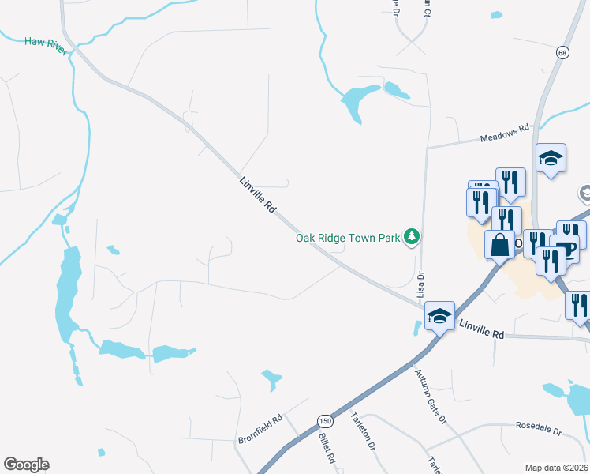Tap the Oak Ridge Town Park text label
pyautogui.click(x=348, y=237)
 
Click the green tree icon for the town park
pyautogui.click(x=411, y=236)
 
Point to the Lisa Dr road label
pyautogui.click(x=420, y=285)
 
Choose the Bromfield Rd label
pyautogui.click(x=260, y=429)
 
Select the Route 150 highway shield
pyautogui.click(x=324, y=419)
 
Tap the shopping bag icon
pyautogui.click(x=499, y=244)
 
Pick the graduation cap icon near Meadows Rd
pyautogui.click(x=551, y=158)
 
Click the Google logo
pyautogui.click(x=26, y=465)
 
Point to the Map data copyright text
pyautogui.click(x=557, y=468)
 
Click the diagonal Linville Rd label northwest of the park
pyautogui.click(x=259, y=195)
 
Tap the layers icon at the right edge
pyautogui.click(x=585, y=194)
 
